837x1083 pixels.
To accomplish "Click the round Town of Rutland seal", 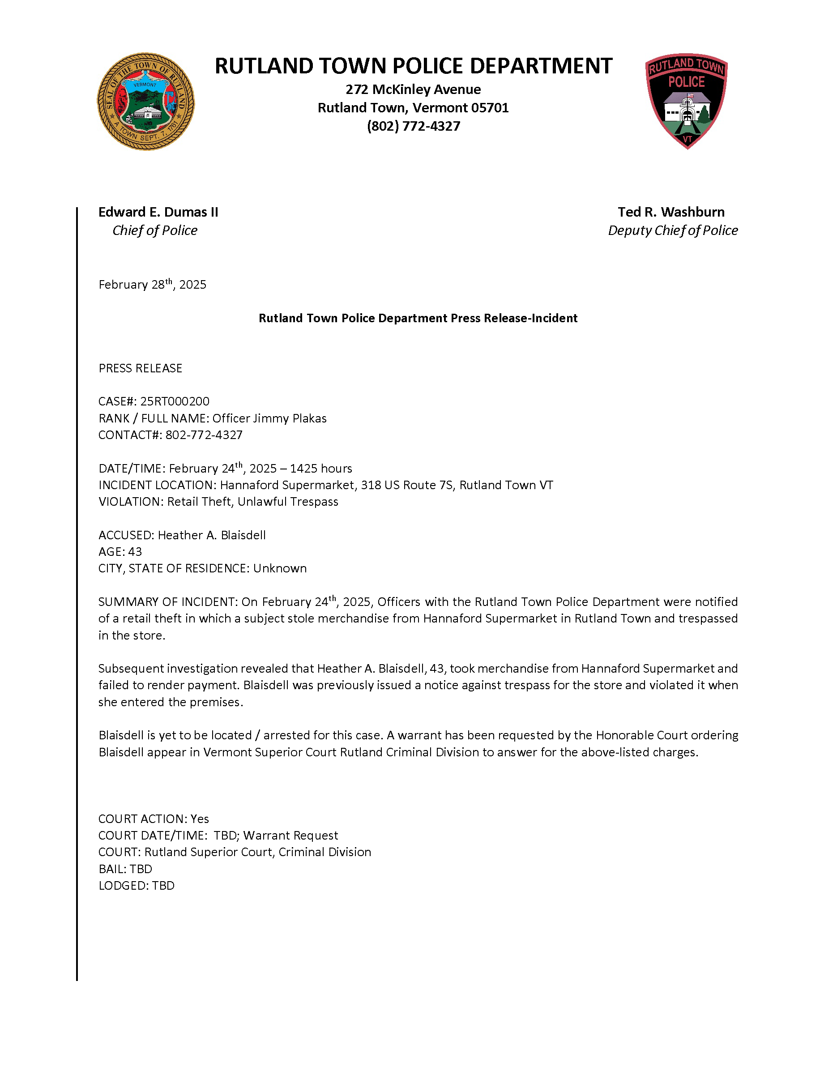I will click(x=145, y=102).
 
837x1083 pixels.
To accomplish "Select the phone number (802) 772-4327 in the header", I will click(x=413, y=126).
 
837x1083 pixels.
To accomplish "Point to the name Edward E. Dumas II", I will click(x=158, y=212).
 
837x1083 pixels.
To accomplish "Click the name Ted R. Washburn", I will click(x=671, y=212).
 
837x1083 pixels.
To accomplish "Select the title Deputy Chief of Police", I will click(x=672, y=230).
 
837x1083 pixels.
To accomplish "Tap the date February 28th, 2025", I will click(x=152, y=285).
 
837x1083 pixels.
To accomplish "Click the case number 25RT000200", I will click(x=175, y=401).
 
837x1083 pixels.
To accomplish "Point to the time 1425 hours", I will click(x=321, y=469).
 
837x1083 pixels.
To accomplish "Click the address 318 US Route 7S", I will click(x=406, y=485).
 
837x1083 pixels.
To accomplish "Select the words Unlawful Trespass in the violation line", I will click(x=288, y=502).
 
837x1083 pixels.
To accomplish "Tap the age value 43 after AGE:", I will click(x=135, y=552).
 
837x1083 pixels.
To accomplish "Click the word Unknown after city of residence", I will click(x=280, y=568).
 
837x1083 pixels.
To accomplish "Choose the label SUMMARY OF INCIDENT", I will click(x=167, y=602).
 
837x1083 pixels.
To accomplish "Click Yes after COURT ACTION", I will click(x=199, y=819).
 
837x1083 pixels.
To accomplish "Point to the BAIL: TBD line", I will click(x=125, y=869).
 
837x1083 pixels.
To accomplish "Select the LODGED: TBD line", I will click(x=137, y=886).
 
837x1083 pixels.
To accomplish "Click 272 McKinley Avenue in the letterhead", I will click(x=413, y=89).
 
